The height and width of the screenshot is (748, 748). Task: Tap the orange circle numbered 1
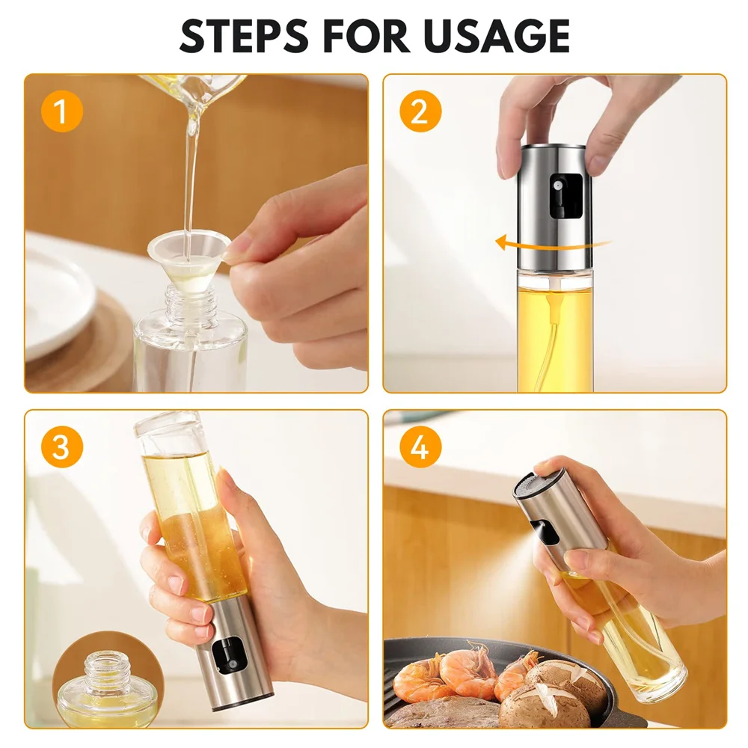[x=61, y=111]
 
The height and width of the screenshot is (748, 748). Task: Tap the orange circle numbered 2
[x=420, y=111]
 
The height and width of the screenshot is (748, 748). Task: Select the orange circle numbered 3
[x=61, y=447]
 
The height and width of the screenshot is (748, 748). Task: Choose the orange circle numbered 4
[x=420, y=447]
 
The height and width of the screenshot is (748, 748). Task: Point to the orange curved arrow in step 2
[x=554, y=243]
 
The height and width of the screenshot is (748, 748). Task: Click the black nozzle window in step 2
[x=559, y=196]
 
